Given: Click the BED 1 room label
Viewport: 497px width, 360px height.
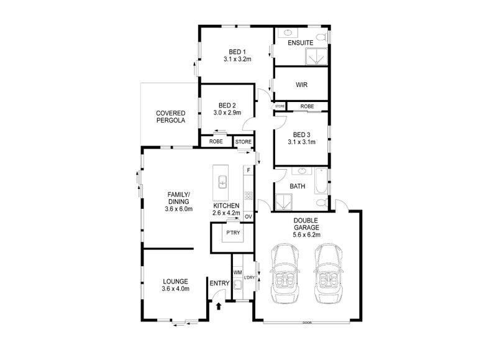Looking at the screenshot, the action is coord(237,52).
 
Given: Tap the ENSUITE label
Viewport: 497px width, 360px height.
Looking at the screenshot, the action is coord(301,43).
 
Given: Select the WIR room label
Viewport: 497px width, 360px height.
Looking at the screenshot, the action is coord(301,85).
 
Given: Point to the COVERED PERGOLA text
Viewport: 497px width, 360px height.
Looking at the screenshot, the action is coord(170,117).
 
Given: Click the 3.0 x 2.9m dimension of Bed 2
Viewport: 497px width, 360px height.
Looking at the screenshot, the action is coord(227,113).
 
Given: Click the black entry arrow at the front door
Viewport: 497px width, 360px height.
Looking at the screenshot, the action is coord(219,306).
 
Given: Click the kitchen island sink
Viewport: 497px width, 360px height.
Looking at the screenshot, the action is coord(222,182).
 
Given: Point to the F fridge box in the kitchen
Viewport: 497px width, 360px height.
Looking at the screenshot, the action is coord(248,170).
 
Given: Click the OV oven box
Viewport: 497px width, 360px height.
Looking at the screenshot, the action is coord(248,216).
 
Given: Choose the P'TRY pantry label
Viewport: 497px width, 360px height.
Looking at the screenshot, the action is coord(233,233).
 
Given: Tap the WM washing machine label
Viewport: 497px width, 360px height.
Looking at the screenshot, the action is coord(237,272).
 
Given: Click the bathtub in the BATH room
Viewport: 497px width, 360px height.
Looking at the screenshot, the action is coord(321,181).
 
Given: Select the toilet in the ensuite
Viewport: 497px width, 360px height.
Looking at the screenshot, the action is coord(321,37).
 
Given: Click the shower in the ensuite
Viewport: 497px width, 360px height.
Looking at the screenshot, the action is coord(316,57).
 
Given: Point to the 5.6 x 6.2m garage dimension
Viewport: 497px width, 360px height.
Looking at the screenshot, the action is coord(306,234).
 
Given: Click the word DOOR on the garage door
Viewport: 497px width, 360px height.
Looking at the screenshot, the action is coord(307,323).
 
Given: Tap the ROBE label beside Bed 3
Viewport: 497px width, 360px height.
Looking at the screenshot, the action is coord(307,106).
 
